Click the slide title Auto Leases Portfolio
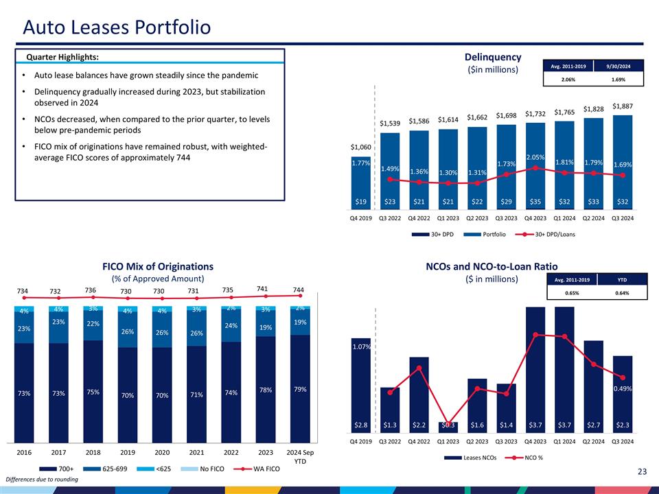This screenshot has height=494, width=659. point(117,27)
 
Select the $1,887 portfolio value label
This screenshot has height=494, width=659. point(623,106)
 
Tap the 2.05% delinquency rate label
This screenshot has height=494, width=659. point(535,158)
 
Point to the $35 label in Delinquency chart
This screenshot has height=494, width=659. point(535,202)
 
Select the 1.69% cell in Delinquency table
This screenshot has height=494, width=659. point(618,79)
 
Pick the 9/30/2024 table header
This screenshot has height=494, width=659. point(618,65)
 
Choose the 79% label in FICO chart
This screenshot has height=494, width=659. point(300,390)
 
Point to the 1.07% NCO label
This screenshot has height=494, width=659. point(361,347)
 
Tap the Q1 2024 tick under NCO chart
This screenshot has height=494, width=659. point(564,442)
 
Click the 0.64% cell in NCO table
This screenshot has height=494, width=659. point(621,293)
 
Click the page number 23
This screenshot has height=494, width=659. point(643,471)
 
